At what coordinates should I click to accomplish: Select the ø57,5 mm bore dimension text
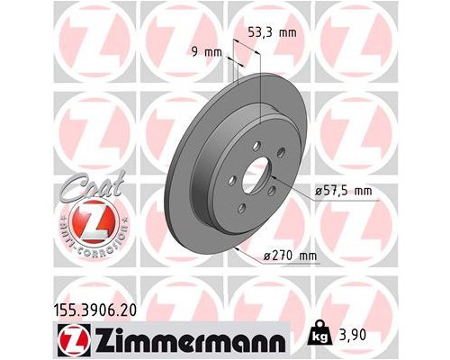coord(342,191)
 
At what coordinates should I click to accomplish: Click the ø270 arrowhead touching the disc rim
coord(237,246)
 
